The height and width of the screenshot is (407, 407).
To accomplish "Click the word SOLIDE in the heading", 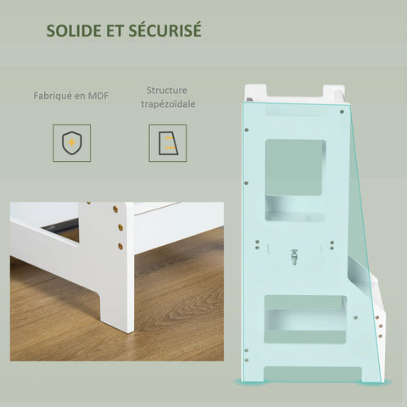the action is (74, 31).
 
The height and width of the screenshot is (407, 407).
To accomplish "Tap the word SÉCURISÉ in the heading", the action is (165, 30).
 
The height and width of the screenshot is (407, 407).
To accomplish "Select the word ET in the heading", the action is (115, 31).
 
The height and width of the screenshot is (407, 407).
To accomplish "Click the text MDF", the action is (98, 96).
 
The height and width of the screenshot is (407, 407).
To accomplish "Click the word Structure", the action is (167, 91).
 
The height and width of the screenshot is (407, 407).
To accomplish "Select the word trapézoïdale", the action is (168, 104).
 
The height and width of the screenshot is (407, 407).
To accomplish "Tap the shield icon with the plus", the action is (72, 142).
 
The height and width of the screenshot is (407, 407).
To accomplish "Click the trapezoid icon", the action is (168, 143).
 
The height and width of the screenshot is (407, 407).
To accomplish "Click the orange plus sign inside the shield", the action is (72, 142).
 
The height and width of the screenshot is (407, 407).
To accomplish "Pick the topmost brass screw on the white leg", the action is (115, 209).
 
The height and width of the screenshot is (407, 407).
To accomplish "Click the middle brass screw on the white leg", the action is (120, 227).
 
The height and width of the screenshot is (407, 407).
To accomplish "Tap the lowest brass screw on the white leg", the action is (120, 246).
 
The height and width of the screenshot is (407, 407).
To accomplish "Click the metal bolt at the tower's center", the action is (294, 256).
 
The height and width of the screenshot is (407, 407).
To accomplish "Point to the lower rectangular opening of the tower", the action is (305, 320).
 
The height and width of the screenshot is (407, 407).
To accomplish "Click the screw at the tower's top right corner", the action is (342, 112).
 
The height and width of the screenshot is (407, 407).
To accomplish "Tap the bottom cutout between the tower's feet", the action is (312, 375).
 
